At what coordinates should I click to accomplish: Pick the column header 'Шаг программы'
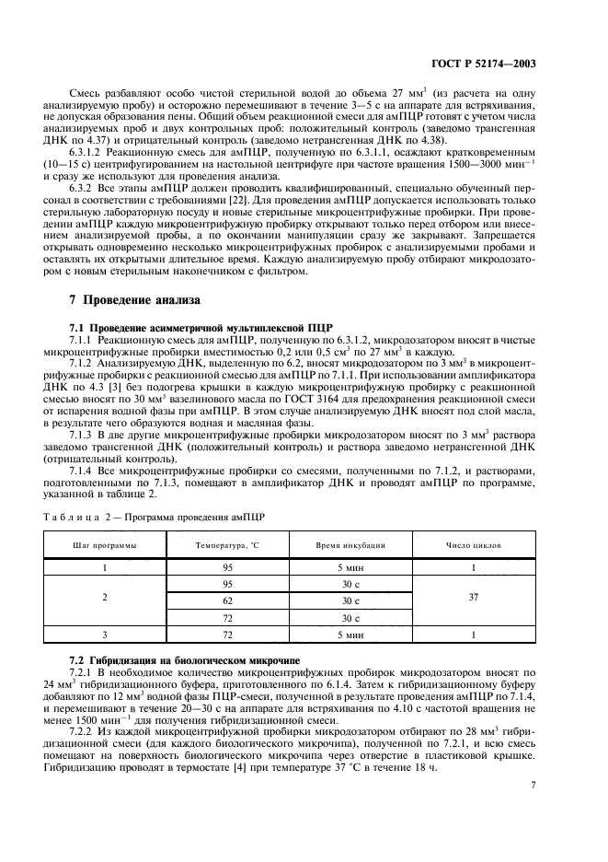click(x=107, y=545)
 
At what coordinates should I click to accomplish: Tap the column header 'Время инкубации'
click(x=356, y=545)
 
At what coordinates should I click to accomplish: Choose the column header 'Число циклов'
click(x=473, y=545)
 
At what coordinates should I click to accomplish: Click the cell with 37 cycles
click(x=473, y=597)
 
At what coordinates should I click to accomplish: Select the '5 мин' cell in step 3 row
click(x=356, y=635)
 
